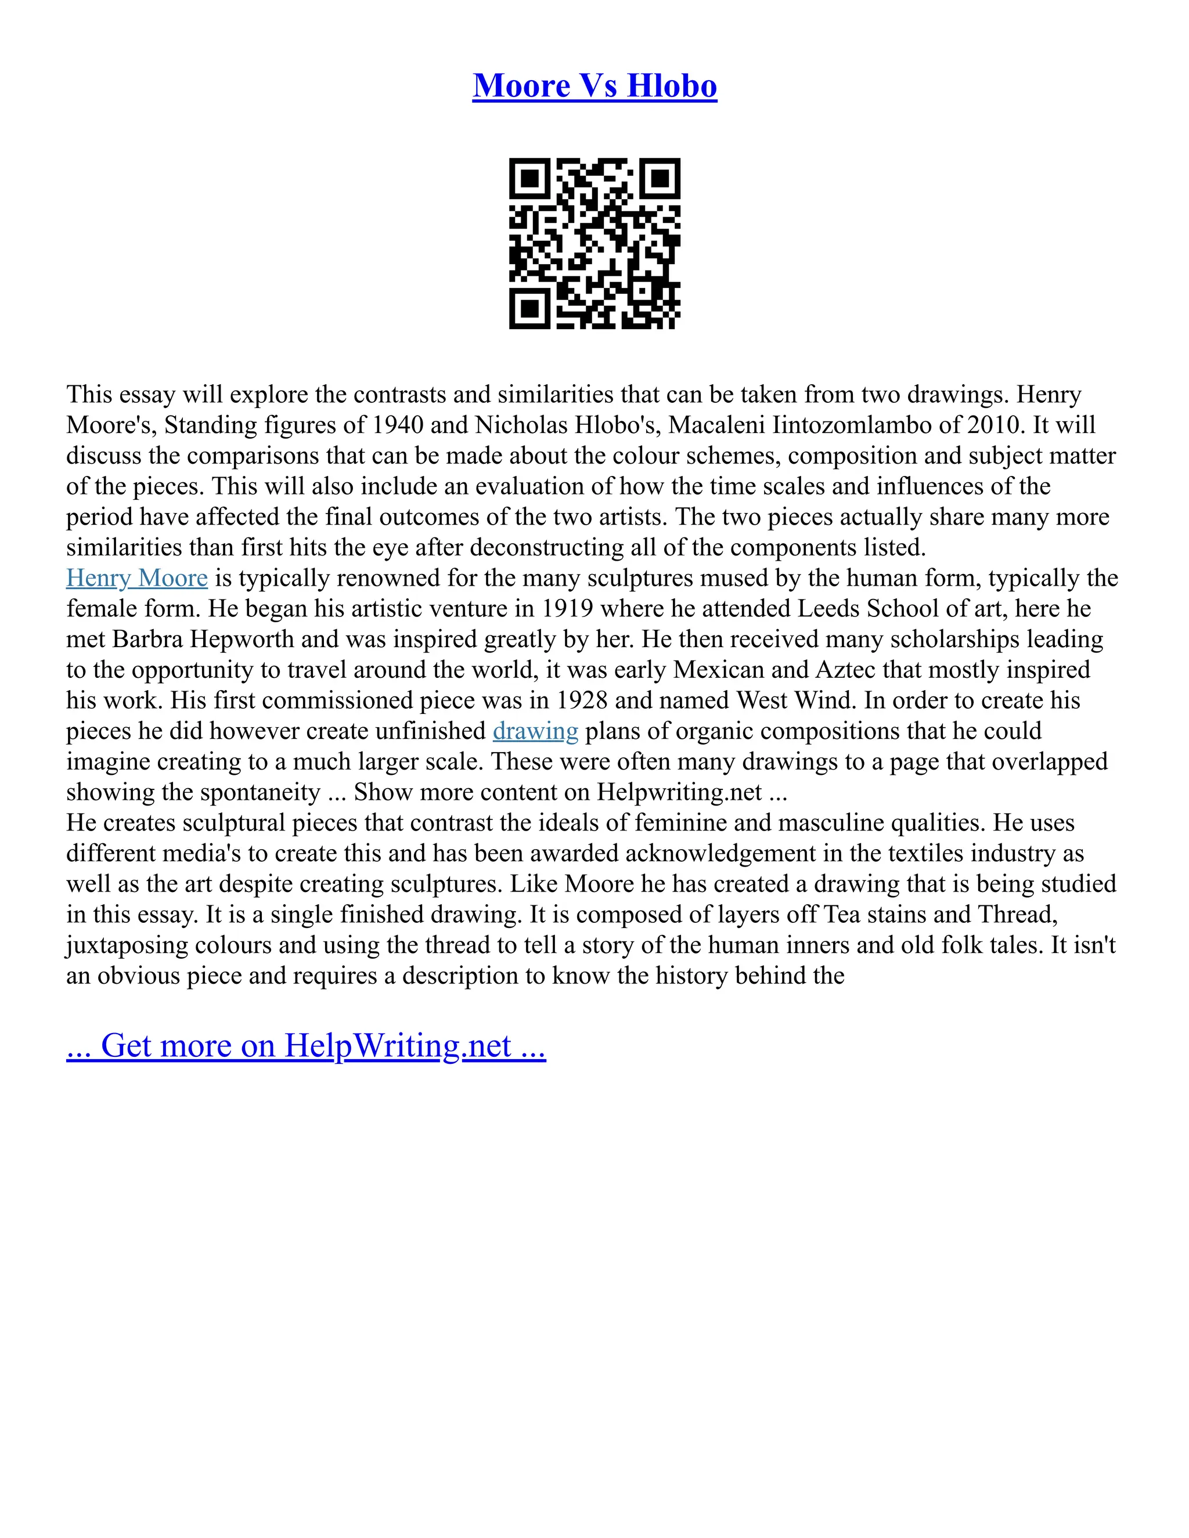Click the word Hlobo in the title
[x=671, y=86]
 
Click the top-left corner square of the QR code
[x=529, y=178]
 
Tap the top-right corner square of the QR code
[x=660, y=178]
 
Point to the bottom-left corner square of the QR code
[x=529, y=308]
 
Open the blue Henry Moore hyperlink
[x=136, y=578]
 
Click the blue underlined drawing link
[x=535, y=731]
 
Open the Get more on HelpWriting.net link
[x=306, y=1046]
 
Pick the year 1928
[x=582, y=701]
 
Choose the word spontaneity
[x=261, y=792]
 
